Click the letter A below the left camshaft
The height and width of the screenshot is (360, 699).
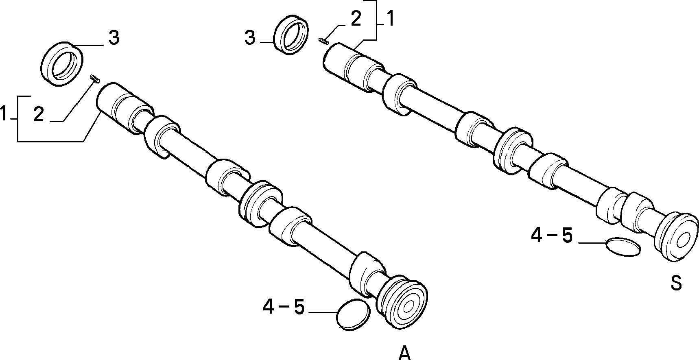404,353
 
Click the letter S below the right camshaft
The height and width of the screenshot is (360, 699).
676,283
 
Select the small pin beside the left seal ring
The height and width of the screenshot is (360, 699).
94,78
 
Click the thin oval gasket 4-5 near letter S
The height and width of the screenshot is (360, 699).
623,247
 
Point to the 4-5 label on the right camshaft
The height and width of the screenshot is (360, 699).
552,236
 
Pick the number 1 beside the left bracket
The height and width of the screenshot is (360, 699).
4,114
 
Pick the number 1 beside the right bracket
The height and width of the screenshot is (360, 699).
389,19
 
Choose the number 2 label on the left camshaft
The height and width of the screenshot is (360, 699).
39,115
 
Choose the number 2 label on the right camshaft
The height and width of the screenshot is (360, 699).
356,20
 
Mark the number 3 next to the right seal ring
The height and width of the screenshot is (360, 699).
250,38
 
